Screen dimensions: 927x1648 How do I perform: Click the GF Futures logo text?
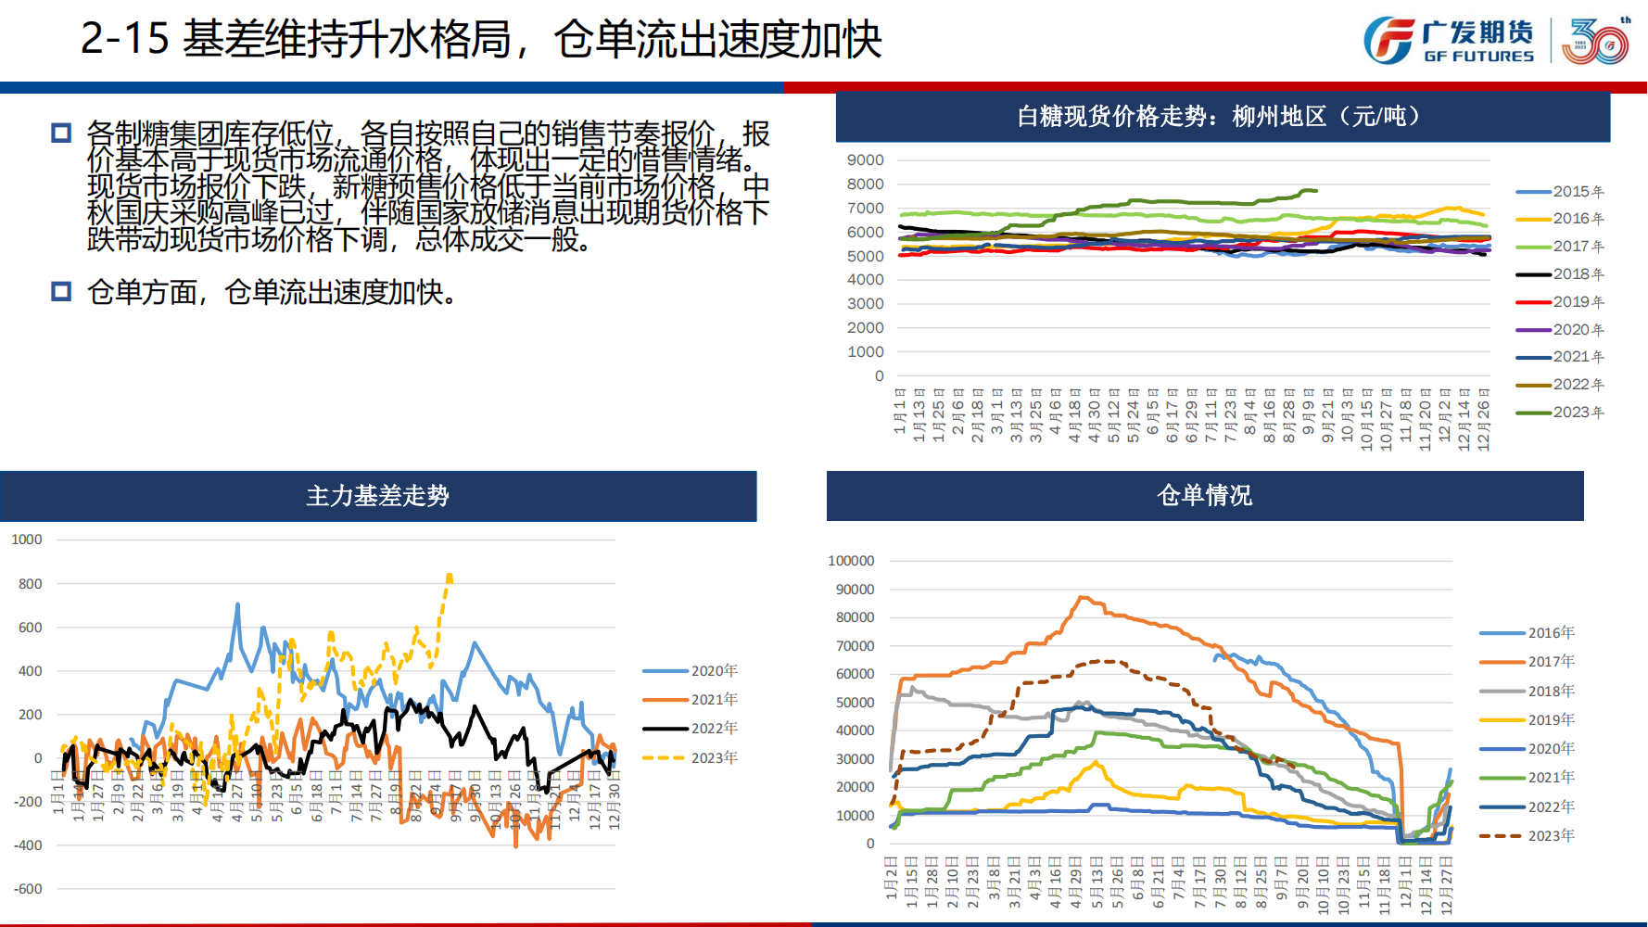(1478, 41)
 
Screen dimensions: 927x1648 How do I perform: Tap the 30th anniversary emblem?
(1595, 42)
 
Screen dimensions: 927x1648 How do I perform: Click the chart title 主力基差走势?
(378, 496)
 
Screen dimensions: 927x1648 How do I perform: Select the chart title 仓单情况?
(1204, 495)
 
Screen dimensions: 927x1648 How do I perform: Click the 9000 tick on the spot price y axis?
(865, 160)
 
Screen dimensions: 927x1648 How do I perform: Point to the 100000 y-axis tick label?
(851, 561)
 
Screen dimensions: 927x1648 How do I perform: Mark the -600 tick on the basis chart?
(28, 889)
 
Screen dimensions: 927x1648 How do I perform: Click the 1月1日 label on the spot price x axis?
(899, 412)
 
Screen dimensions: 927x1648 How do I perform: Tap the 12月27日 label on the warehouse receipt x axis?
(1446, 886)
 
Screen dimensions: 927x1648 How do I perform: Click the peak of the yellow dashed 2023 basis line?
(450, 576)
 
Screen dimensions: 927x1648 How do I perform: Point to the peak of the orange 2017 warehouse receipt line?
(1082, 597)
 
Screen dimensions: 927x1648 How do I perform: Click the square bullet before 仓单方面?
(61, 292)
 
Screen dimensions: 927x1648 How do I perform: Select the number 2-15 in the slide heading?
(124, 39)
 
